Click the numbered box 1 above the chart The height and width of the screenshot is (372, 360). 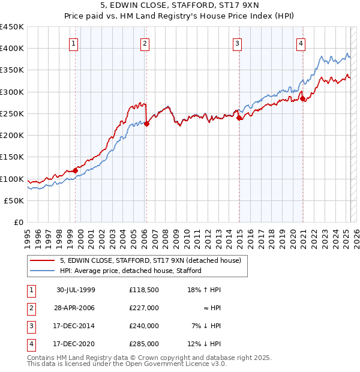pyautogui.click(x=73, y=43)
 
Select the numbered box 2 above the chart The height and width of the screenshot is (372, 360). pyautogui.click(x=145, y=43)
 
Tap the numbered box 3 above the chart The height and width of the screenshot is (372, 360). pyautogui.click(x=238, y=43)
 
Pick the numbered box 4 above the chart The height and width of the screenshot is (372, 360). pyautogui.click(x=301, y=43)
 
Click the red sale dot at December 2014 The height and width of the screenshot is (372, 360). pyautogui.click(x=239, y=118)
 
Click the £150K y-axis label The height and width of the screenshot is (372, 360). pyautogui.click(x=12, y=157)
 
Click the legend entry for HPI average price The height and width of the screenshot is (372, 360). pyautogui.click(x=131, y=271)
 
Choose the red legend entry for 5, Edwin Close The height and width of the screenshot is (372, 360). pyautogui.click(x=150, y=260)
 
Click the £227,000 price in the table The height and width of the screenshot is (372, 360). pyautogui.click(x=143, y=308)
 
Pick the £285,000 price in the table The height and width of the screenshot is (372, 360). pyautogui.click(x=143, y=344)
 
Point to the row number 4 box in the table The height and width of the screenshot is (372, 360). pyautogui.click(x=30, y=344)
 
